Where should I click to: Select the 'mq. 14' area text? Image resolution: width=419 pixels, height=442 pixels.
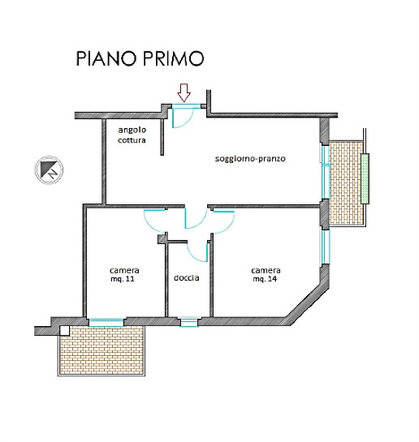(x=266, y=279)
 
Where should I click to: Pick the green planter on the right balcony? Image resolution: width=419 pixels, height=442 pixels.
(x=365, y=178)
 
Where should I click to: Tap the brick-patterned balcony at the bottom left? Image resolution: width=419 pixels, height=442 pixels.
(x=101, y=350)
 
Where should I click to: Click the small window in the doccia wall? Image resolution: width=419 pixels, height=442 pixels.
(x=188, y=322)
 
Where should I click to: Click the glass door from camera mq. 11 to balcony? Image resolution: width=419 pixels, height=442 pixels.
(x=106, y=322)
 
